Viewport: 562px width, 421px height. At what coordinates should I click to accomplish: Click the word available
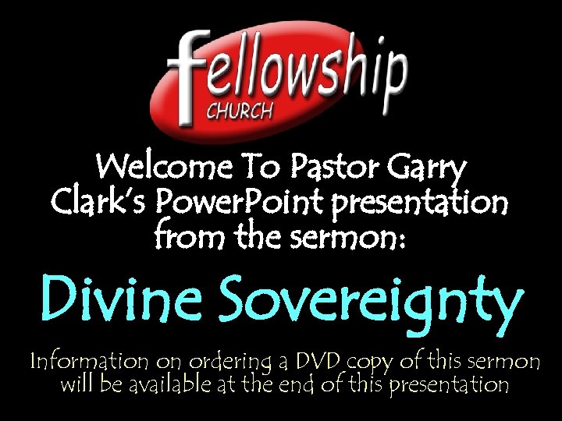point(175,384)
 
